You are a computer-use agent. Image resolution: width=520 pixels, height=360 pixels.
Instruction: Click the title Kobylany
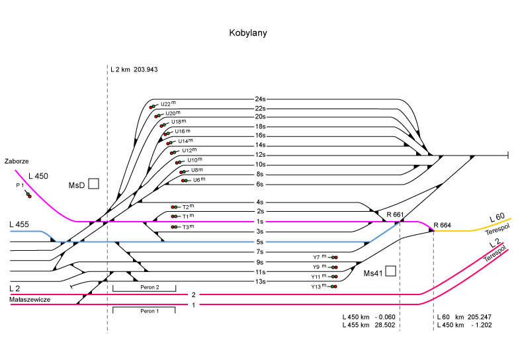click(248, 32)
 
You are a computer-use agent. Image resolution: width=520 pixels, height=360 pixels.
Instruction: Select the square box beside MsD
click(93, 183)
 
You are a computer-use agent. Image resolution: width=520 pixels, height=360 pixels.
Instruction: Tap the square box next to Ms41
click(391, 271)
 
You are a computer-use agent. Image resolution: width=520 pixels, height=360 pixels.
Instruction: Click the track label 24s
click(260, 99)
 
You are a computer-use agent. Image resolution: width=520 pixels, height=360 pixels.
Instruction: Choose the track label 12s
click(260, 155)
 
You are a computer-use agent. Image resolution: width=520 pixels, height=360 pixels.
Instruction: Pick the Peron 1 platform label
click(144, 311)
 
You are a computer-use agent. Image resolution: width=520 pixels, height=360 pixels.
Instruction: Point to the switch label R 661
click(394, 214)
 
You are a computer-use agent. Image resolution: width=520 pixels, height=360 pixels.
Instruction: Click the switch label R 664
click(442, 224)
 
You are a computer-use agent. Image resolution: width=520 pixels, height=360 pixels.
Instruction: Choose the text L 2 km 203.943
click(136, 69)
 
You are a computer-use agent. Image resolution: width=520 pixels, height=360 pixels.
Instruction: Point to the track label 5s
click(260, 242)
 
